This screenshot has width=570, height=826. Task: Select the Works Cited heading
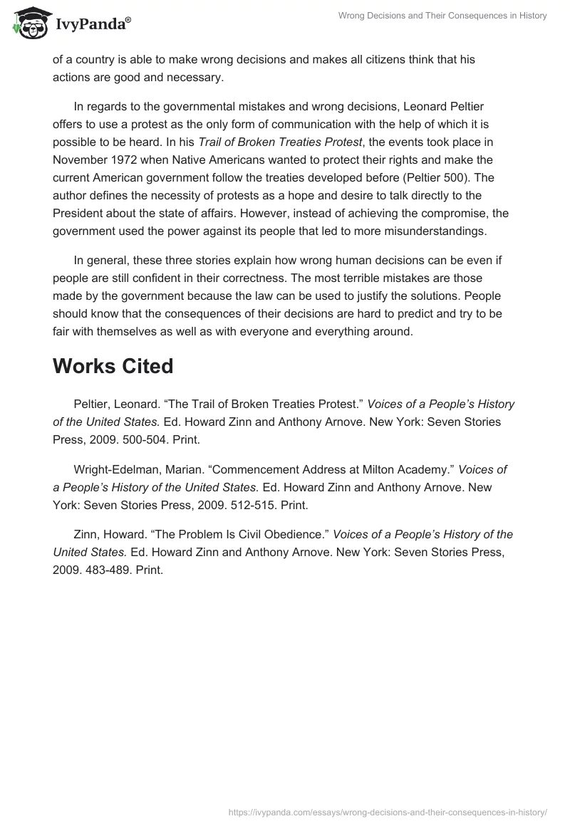[113, 366]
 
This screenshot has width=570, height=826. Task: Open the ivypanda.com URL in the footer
[387, 812]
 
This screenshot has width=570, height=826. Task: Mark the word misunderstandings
[428, 230]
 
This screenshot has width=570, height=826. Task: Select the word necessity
[160, 194]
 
